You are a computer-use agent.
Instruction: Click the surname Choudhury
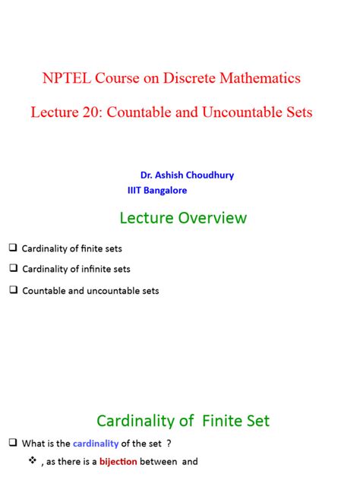(x=207, y=175)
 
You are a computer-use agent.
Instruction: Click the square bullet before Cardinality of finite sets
(x=13, y=248)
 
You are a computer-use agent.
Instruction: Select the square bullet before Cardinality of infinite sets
(x=13, y=268)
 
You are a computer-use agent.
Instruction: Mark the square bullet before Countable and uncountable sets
(x=13, y=290)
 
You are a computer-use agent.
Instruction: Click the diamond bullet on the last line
(x=32, y=461)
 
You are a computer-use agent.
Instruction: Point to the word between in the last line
(x=159, y=462)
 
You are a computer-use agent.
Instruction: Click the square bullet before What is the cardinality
(x=13, y=443)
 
